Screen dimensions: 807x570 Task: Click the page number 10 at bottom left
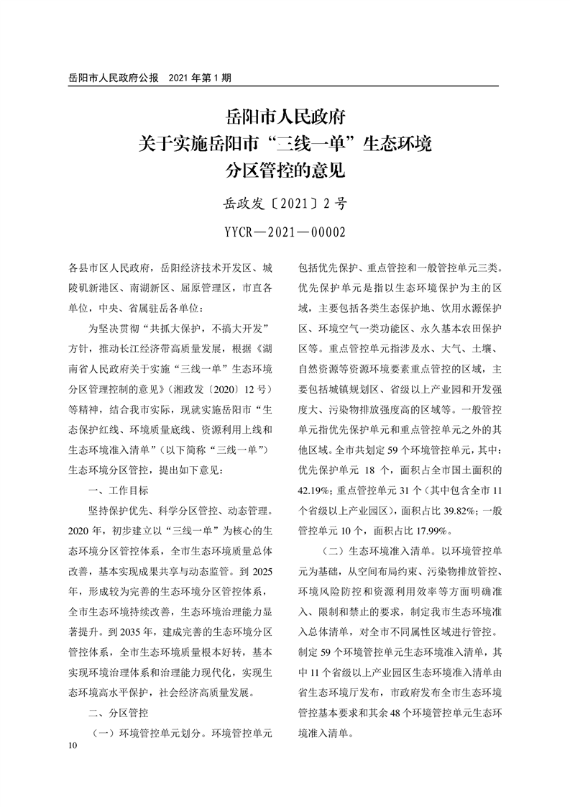tap(70, 747)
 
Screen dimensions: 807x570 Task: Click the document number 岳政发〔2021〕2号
tap(285, 204)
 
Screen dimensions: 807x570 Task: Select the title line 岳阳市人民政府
tap(285, 117)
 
